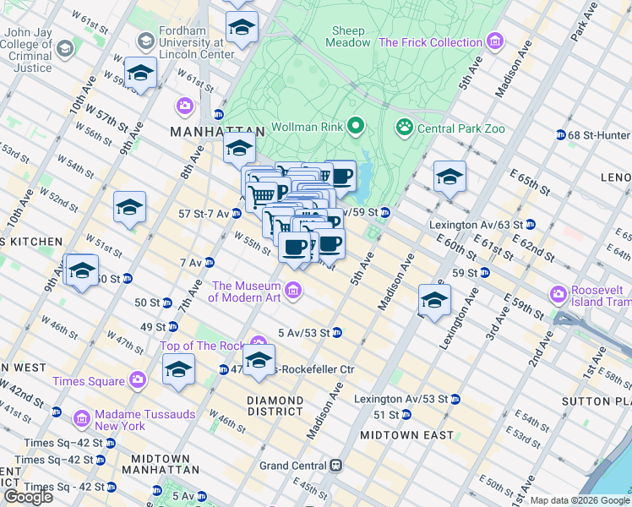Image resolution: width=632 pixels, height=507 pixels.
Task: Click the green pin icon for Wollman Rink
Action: [356, 128]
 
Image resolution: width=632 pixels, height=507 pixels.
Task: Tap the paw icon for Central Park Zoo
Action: [405, 128]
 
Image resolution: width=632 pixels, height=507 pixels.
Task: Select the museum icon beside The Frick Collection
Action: [495, 41]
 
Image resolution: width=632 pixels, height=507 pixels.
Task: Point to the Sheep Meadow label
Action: [350, 35]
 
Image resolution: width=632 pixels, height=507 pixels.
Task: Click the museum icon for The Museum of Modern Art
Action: [293, 292]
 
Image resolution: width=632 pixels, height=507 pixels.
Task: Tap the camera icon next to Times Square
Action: [138, 381]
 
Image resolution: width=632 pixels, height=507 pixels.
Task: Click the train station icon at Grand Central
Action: [336, 466]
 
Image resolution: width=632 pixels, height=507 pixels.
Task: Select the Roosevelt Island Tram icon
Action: [558, 295]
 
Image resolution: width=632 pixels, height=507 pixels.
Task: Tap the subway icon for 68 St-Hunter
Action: [560, 135]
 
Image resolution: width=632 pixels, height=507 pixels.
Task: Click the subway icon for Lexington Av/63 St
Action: [530, 225]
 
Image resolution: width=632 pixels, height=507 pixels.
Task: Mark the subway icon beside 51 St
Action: [406, 415]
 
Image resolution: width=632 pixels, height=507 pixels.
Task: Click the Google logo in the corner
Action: [27, 497]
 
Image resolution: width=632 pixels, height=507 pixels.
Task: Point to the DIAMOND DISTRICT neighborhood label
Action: [275, 406]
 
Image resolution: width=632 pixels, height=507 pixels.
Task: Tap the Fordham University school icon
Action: [145, 41]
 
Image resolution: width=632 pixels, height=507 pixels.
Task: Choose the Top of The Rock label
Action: [201, 346]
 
